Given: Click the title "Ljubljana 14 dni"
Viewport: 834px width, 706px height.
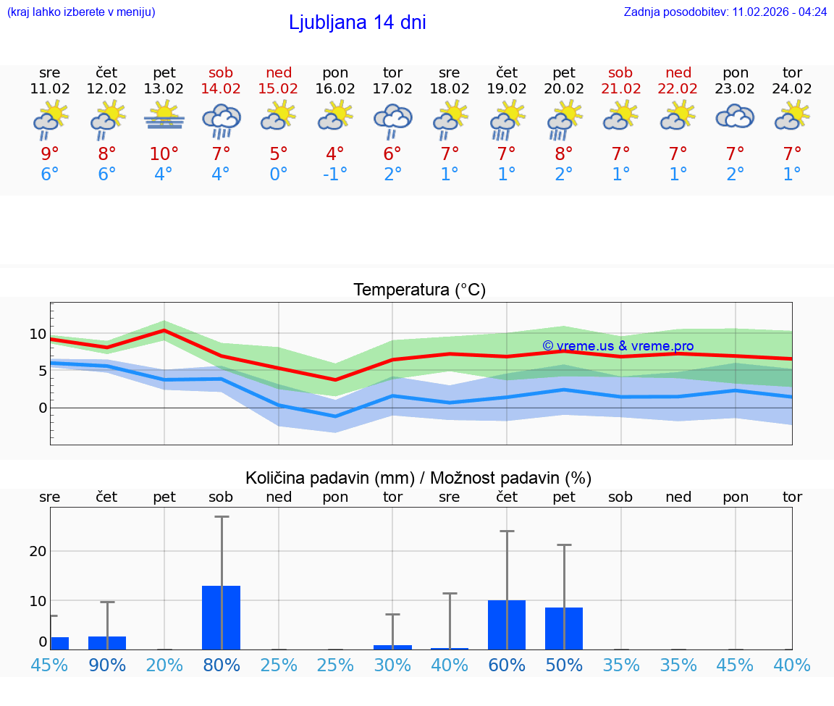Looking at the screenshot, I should [x=357, y=22].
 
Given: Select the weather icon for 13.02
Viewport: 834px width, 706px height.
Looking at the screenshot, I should [x=164, y=117].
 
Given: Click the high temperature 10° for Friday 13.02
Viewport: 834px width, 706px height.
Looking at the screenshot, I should [x=164, y=154].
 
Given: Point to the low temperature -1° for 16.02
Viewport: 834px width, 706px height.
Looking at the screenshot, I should [x=335, y=175].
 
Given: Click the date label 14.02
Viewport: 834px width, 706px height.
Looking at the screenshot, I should [x=222, y=88].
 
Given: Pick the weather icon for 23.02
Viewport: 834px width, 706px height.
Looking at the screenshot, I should [x=735, y=117].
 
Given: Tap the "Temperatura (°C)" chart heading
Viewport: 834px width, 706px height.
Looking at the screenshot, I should [x=419, y=290].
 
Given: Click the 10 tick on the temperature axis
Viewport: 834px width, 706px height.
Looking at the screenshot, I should [x=38, y=334].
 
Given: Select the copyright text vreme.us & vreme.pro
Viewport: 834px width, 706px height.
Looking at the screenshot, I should [x=618, y=346].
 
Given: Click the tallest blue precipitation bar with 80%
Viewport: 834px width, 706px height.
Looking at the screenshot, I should [x=222, y=617].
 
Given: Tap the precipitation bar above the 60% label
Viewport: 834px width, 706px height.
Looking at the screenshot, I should [x=507, y=624].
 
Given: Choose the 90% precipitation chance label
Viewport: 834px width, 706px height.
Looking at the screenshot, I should [x=107, y=665].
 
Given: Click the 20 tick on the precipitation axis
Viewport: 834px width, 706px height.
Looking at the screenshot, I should [x=38, y=551].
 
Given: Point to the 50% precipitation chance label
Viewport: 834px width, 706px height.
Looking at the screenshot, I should [x=564, y=665].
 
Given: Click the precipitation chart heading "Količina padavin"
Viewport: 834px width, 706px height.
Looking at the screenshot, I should [x=418, y=478].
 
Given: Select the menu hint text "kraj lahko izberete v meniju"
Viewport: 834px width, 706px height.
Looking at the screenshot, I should [x=81, y=12].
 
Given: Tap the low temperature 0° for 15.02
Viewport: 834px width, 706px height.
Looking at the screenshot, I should [x=279, y=175].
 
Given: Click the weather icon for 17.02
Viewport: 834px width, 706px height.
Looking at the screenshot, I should [x=392, y=119].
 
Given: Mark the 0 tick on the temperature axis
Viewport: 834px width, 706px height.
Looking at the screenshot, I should [x=43, y=408].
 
